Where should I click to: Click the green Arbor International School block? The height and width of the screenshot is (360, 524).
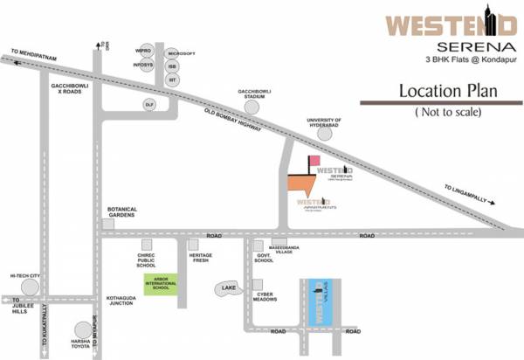(161, 287)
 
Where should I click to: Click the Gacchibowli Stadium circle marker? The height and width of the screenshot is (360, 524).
(252, 107)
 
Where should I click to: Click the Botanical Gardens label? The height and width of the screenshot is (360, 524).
(123, 212)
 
